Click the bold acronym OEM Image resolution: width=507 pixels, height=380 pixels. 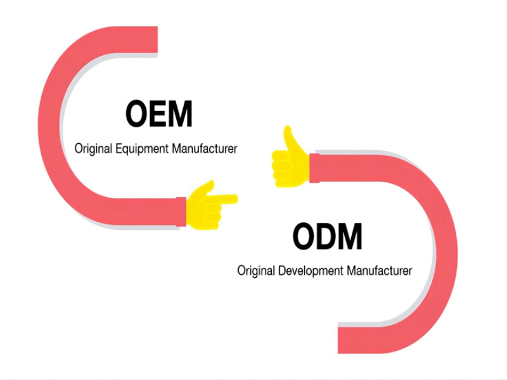click(x=158, y=115)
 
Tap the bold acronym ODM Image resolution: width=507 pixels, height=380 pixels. click(x=327, y=237)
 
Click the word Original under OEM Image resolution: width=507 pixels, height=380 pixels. click(x=93, y=149)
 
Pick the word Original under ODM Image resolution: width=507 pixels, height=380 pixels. click(x=256, y=271)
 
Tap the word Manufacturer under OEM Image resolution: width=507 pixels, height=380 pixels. click(x=204, y=149)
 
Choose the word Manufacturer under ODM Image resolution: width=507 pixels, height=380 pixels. click(x=379, y=271)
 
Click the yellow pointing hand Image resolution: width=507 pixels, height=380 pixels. click(x=209, y=205)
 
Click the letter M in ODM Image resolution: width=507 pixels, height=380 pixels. click(x=349, y=237)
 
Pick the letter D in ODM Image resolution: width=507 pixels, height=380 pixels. click(x=326, y=237)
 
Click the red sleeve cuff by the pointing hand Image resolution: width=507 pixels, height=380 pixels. click(x=181, y=212)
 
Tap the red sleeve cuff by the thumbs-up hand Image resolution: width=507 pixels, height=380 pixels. click(x=313, y=168)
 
